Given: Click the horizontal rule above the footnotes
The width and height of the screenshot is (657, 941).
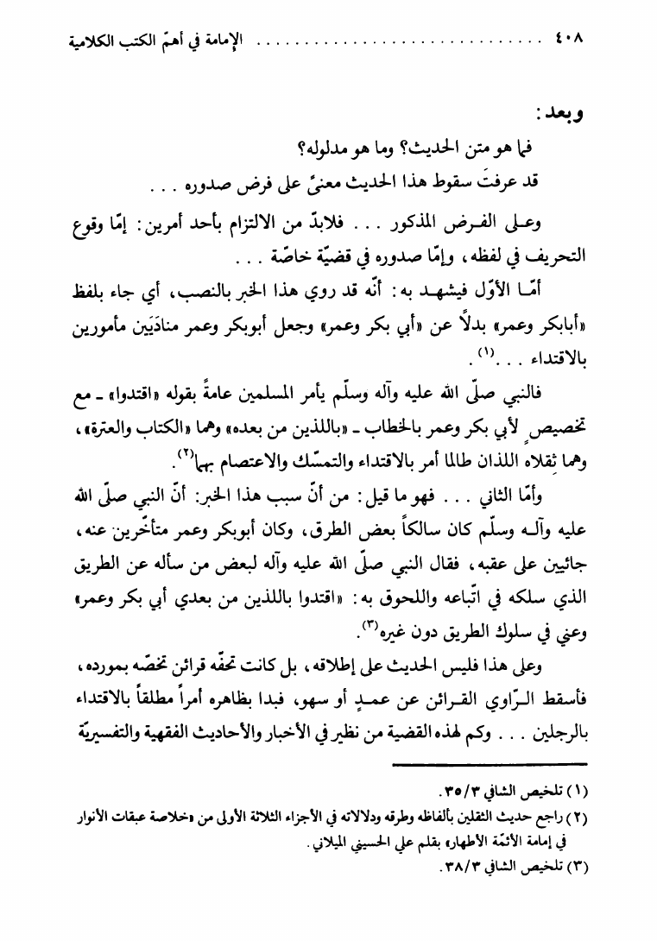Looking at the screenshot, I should pyautogui.click(x=489, y=764).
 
